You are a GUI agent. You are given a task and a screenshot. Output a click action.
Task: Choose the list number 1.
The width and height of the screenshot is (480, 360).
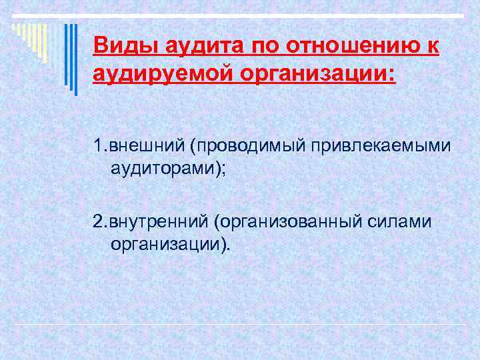pos(99,145)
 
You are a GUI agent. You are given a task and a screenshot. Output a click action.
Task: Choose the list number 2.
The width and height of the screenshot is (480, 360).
pos(100,221)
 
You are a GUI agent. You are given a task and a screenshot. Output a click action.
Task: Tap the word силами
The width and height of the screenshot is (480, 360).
pos(402,221)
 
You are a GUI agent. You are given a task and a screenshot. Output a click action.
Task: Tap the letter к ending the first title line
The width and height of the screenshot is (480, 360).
pos(433,47)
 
